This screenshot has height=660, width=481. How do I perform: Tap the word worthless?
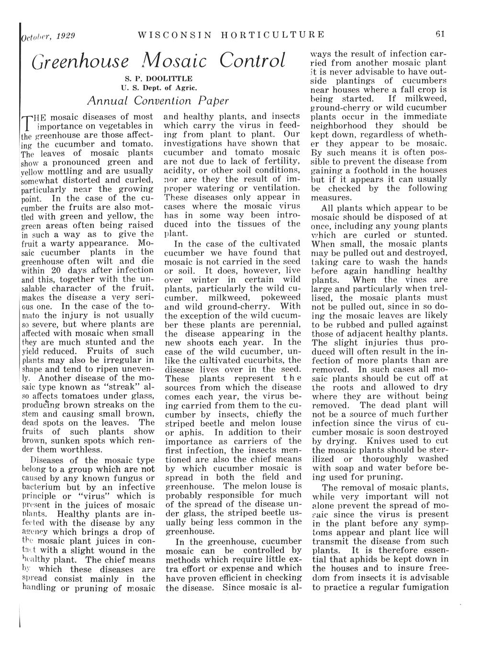[x=77, y=450]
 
